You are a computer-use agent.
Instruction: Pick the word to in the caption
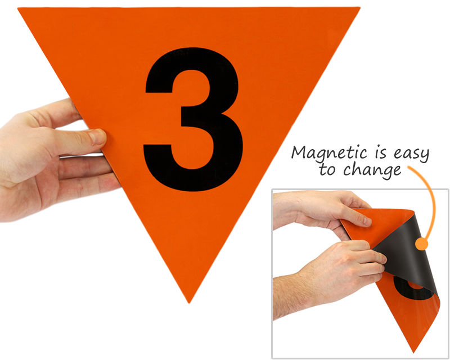tap(327, 169)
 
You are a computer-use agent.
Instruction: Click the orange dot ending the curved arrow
tap(421, 244)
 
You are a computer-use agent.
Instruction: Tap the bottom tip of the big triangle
tap(188, 303)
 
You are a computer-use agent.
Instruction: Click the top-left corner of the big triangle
tap(18, 8)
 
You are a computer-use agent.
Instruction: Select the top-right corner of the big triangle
tap(360, 8)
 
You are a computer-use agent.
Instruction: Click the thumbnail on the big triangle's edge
tap(97, 136)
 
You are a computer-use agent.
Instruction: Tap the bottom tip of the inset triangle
tap(414, 353)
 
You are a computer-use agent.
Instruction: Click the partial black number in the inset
tap(411, 288)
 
